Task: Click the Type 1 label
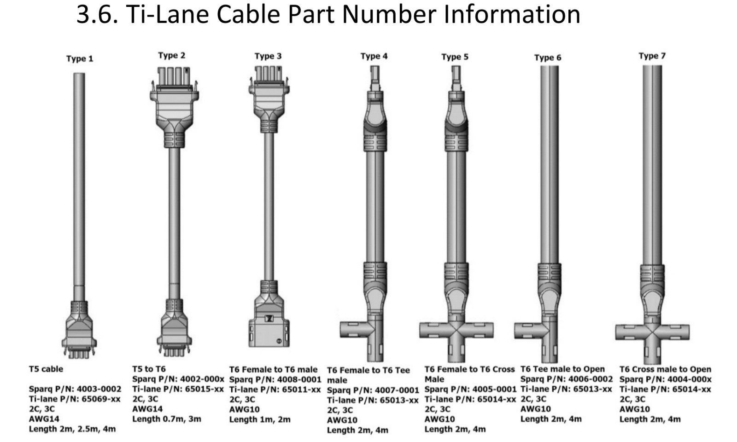click(x=80, y=59)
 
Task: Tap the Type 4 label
click(x=374, y=56)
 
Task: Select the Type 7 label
click(x=652, y=56)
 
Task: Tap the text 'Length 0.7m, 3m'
click(x=167, y=419)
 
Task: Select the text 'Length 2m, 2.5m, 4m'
click(x=72, y=429)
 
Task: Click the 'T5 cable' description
click(x=46, y=369)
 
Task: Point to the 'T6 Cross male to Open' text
click(x=665, y=369)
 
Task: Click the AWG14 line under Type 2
click(x=147, y=409)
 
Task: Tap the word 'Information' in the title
click(x=512, y=14)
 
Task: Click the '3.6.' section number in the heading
click(x=97, y=14)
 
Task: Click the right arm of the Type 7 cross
click(x=675, y=332)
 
